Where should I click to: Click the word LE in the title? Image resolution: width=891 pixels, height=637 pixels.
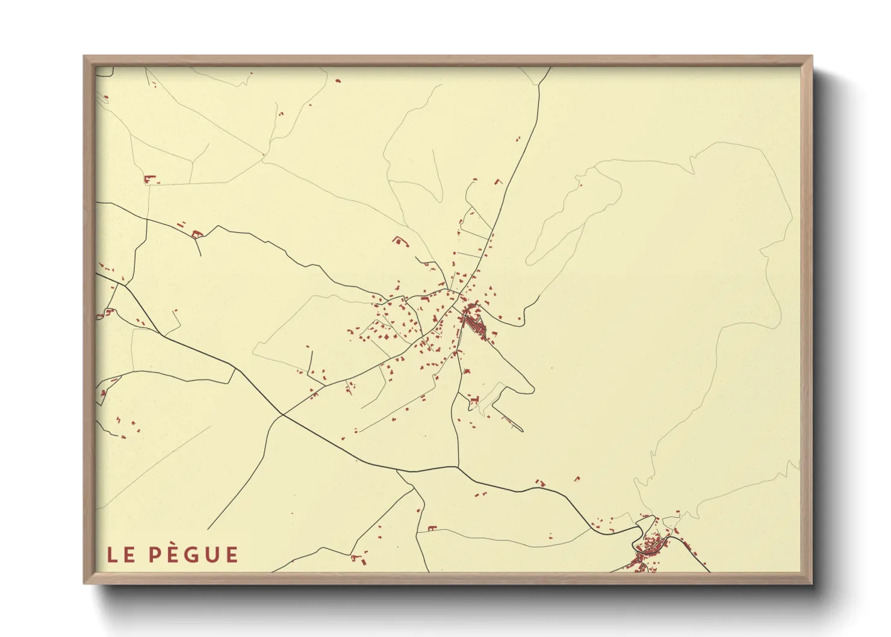click(121, 555)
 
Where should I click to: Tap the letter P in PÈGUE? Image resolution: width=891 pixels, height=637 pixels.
click(154, 555)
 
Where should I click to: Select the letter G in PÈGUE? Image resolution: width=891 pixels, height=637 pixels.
click(191, 555)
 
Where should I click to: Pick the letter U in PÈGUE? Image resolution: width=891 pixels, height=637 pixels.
click(211, 555)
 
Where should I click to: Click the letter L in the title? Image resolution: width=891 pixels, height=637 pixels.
click(112, 555)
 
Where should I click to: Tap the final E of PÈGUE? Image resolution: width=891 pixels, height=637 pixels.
click(231, 555)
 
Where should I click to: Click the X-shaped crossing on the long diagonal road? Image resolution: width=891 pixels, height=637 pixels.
click(282, 414)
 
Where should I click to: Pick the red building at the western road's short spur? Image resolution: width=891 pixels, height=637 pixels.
click(194, 234)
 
